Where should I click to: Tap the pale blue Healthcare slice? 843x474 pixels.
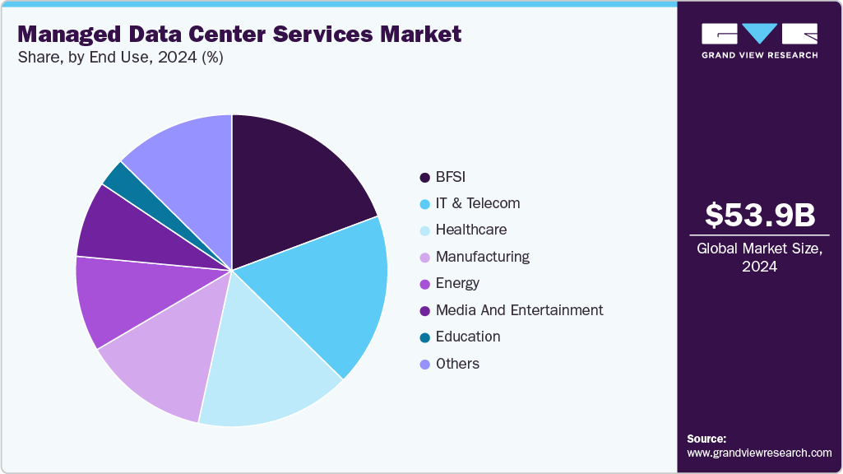[263, 362]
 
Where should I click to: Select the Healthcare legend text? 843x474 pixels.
[470, 230]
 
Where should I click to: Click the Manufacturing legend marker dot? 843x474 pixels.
[424, 258]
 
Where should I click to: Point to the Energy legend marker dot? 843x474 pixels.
[424, 284]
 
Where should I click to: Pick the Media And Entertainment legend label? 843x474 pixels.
[519, 310]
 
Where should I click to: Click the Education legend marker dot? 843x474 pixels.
[424, 337]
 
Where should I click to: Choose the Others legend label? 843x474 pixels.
[457, 364]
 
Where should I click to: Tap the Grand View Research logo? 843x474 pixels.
[759, 40]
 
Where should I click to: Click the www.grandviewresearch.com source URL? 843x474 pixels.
[759, 453]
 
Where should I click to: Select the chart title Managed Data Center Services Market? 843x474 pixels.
[239, 35]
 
